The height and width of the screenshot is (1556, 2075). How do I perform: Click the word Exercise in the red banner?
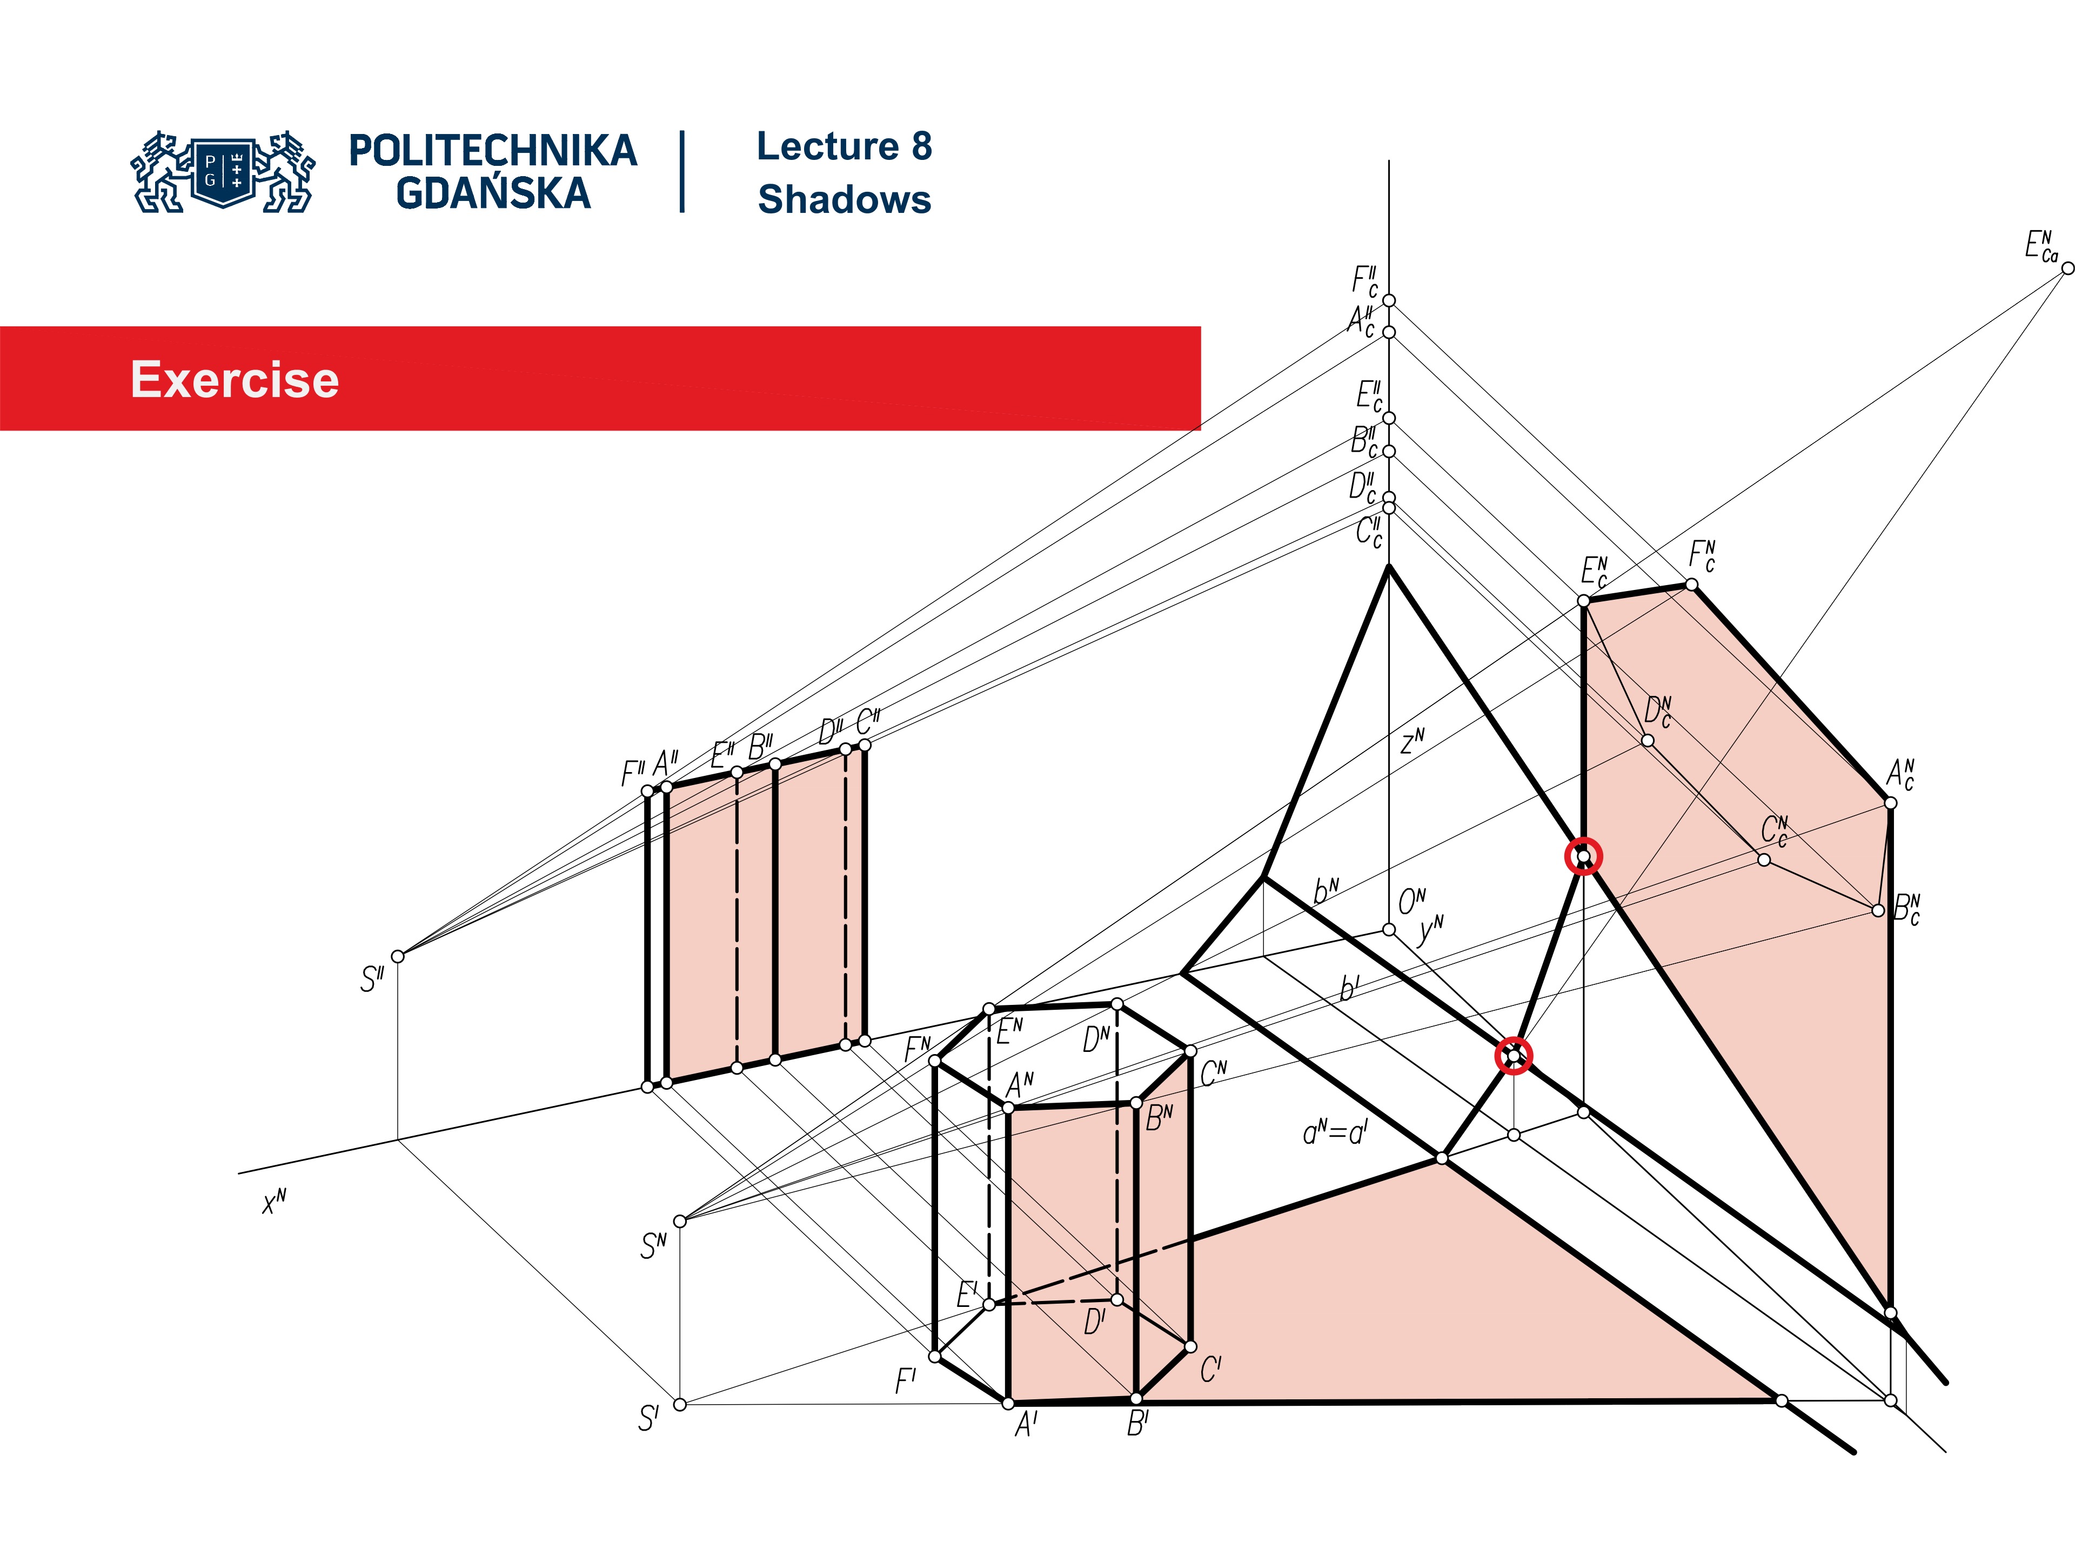235,380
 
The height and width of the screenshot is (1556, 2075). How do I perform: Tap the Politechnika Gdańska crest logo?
223,172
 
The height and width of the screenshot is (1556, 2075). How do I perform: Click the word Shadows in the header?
844,200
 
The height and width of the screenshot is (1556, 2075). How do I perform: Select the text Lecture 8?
844,146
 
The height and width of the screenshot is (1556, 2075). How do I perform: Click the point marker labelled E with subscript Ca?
2066,268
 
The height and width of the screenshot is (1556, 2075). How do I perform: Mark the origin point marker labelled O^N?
1388,929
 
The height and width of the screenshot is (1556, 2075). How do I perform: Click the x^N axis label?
274,1202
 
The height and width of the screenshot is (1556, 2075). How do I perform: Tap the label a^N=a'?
1335,1133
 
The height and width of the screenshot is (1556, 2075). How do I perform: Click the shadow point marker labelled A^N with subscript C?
1890,803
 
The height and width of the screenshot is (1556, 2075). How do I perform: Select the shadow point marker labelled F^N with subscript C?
1691,585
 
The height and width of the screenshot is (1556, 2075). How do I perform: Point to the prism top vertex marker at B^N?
1136,1104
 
